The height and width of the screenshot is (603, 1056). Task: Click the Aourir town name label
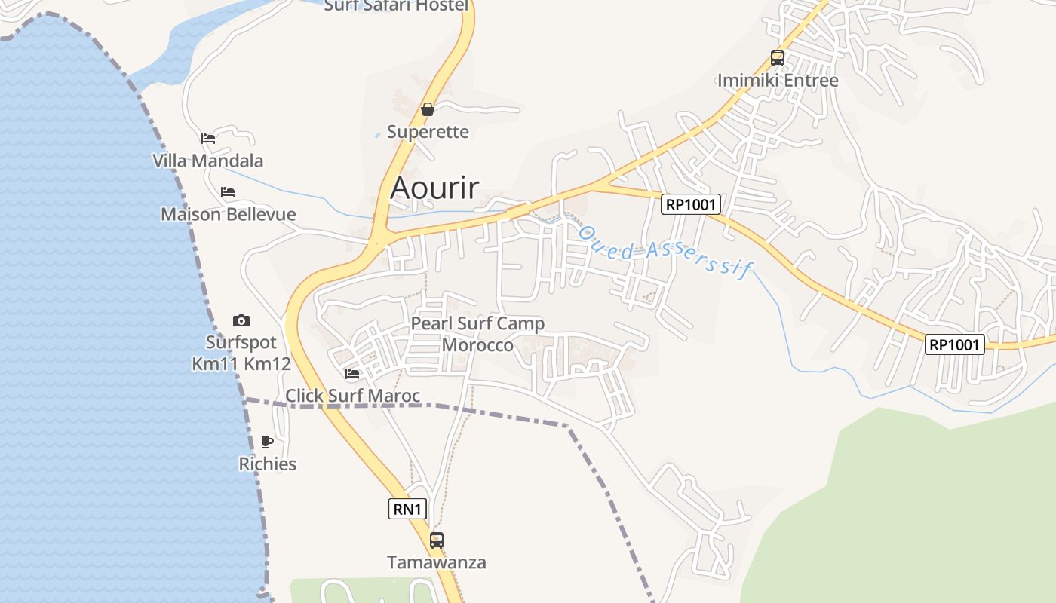(x=434, y=188)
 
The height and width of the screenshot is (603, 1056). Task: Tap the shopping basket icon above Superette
(x=428, y=109)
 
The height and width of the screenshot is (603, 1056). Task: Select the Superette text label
(x=428, y=132)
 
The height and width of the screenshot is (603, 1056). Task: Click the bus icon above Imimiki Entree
(x=778, y=57)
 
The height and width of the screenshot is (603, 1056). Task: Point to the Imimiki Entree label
(x=778, y=81)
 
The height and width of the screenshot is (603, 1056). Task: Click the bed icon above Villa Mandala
(x=208, y=138)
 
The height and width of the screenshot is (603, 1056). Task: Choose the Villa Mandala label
(x=208, y=161)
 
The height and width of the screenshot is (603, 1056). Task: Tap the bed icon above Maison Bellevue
(x=228, y=192)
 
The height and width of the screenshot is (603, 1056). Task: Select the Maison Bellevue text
(x=228, y=214)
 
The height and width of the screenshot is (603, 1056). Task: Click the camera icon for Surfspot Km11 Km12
(x=241, y=320)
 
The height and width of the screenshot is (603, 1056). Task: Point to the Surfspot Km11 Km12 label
(x=241, y=353)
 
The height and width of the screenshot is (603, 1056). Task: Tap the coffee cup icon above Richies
(x=267, y=442)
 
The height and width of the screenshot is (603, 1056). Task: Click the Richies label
(x=267, y=464)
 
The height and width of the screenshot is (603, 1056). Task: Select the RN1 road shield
(x=408, y=509)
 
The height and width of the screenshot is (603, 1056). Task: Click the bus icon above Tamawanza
(x=437, y=540)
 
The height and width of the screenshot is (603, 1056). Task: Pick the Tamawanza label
(x=437, y=562)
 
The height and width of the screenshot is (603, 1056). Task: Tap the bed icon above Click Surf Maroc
(x=352, y=373)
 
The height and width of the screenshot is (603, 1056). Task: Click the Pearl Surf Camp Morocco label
(x=477, y=334)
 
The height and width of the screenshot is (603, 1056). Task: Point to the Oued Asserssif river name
(x=664, y=251)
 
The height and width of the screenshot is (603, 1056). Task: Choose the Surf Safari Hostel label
(x=396, y=6)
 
